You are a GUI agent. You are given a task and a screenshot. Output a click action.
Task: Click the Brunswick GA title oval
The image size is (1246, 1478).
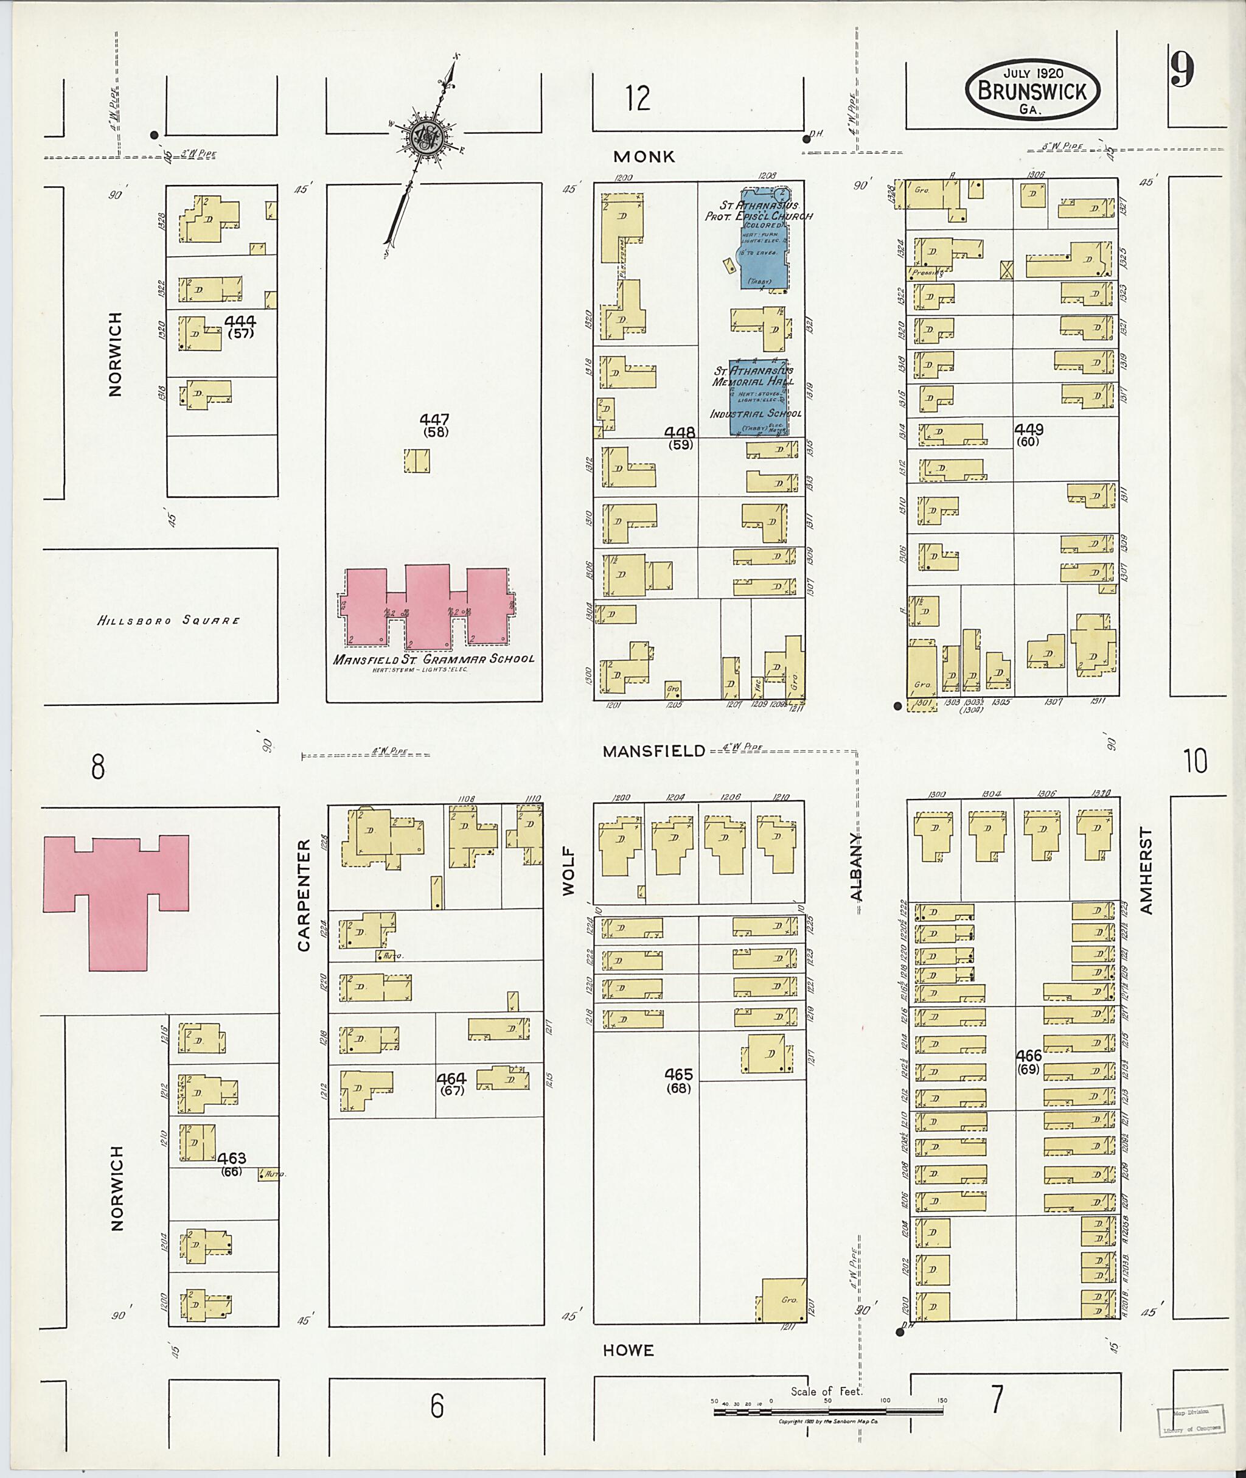pos(1032,89)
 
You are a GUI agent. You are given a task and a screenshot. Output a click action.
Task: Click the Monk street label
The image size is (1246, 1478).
pos(644,157)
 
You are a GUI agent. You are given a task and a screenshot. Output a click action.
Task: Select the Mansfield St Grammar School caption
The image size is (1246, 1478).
pos(434,658)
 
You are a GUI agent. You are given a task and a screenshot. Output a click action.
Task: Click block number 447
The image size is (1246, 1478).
pos(434,420)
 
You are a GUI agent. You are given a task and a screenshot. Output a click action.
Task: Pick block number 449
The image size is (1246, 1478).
pos(1028,429)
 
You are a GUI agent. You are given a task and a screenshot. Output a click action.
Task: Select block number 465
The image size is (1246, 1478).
pos(678,1075)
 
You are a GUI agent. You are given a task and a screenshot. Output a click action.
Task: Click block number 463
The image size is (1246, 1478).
pos(231,1158)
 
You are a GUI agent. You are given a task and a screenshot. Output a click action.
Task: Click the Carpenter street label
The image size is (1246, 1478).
pos(304,894)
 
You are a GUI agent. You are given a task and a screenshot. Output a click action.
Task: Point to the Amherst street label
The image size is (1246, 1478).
pos(1145,871)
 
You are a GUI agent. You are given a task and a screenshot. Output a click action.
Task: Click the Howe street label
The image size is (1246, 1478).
pos(628,1350)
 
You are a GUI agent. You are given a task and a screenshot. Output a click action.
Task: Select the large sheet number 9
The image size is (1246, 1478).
pos(1182,71)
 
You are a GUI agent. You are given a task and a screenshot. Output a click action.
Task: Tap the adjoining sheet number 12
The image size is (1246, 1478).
pos(637,98)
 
